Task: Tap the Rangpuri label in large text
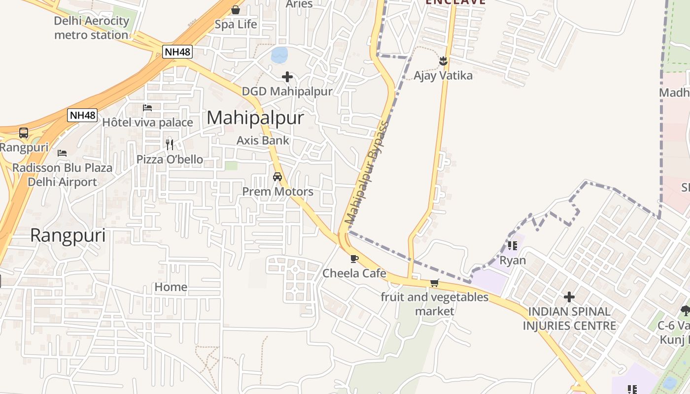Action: point(68,236)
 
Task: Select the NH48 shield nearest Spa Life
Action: point(177,52)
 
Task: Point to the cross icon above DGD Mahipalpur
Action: point(287,77)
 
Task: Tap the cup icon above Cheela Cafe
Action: point(354,259)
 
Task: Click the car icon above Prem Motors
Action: point(277,177)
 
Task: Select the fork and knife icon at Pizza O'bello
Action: point(170,144)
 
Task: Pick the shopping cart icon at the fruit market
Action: point(434,283)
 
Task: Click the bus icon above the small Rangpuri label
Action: point(24,133)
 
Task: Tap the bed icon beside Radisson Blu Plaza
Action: point(62,153)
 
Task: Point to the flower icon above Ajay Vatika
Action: point(443,61)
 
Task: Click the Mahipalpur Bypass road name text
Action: point(367,172)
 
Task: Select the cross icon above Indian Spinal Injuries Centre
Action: point(569,297)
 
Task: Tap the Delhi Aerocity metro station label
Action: point(91,28)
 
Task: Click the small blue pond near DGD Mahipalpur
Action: point(279,55)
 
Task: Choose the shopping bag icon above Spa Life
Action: point(236,10)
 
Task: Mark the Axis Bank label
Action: point(263,140)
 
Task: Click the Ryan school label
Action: point(513,260)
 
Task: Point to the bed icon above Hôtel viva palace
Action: point(147,108)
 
